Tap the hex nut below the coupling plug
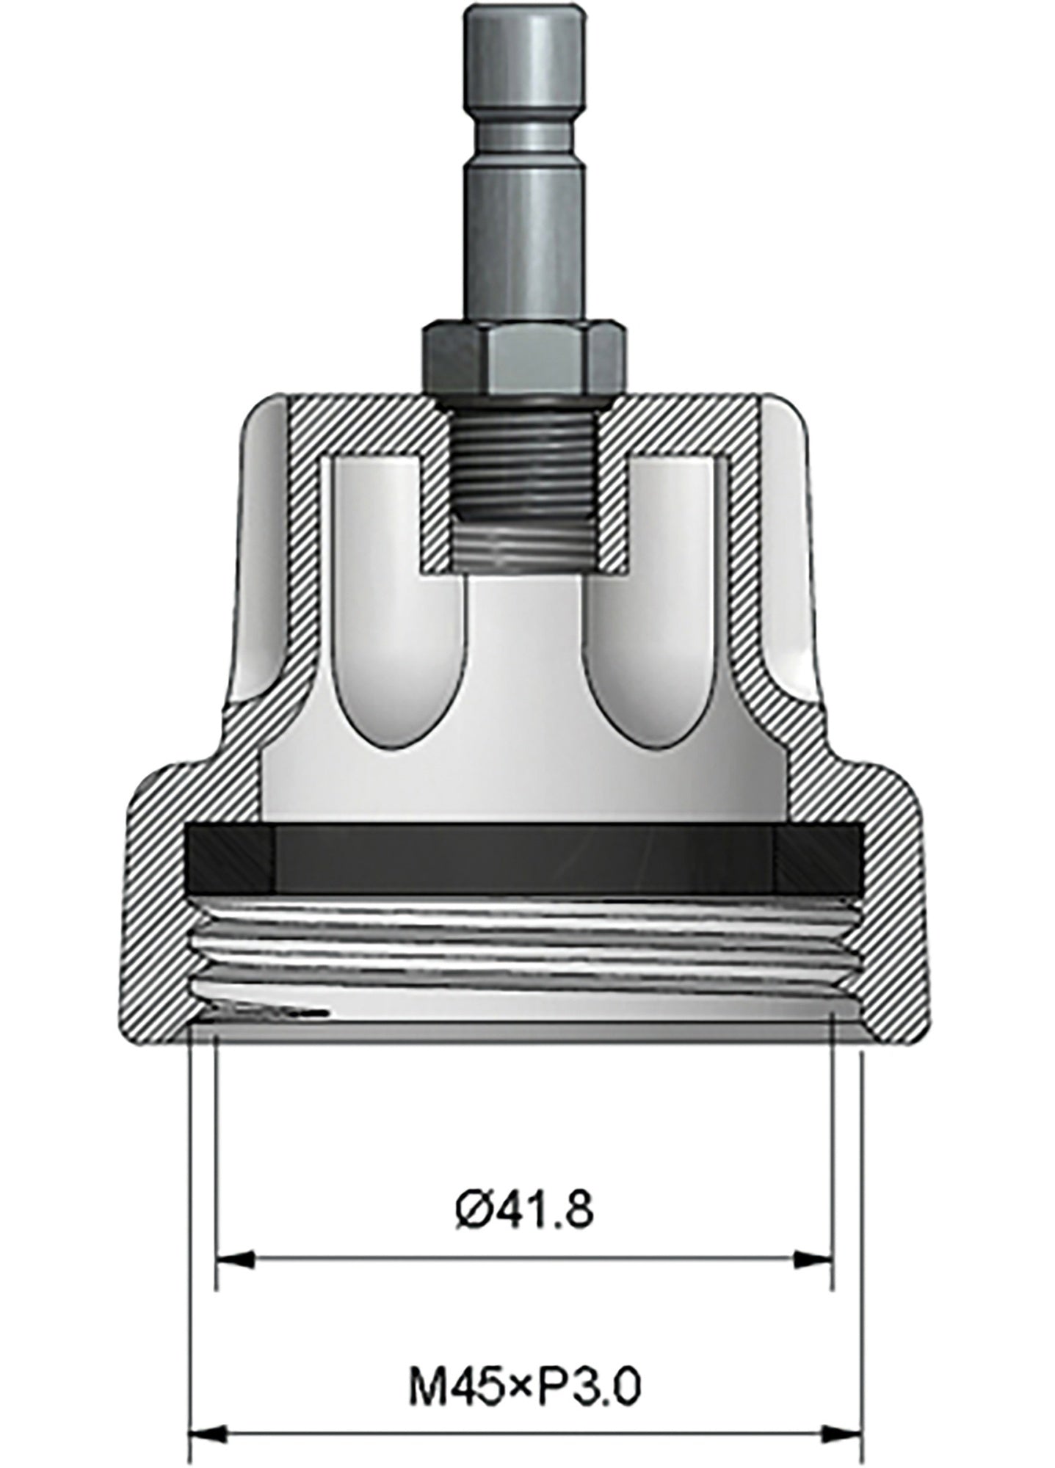click(523, 357)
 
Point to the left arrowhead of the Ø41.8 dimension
click(235, 1260)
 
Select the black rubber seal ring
click(524, 859)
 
